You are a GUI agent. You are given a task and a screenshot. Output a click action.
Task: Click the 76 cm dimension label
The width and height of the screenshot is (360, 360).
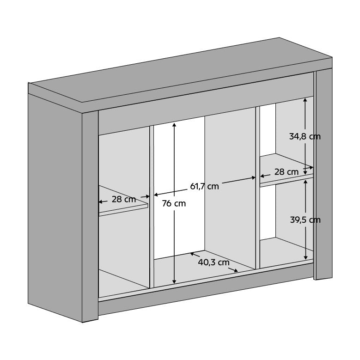coord(174,203)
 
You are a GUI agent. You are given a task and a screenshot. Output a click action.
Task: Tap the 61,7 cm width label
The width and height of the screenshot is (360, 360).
coord(204,186)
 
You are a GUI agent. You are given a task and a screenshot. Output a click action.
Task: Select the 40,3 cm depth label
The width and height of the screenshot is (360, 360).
coord(214,262)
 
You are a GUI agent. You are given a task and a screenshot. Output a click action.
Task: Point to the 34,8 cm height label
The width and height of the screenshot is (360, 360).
coord(305,137)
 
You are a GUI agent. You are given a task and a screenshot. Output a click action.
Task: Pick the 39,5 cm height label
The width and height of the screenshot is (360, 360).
coord(305,220)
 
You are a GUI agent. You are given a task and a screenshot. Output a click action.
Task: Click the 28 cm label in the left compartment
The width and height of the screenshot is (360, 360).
coord(124,199)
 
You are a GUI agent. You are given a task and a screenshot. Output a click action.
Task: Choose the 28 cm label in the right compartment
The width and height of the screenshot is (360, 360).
coord(287,172)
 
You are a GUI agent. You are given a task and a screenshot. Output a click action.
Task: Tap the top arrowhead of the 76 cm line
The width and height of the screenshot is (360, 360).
coord(174,125)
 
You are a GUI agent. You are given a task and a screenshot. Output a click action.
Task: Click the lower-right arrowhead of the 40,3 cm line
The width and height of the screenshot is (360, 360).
coord(236,270)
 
